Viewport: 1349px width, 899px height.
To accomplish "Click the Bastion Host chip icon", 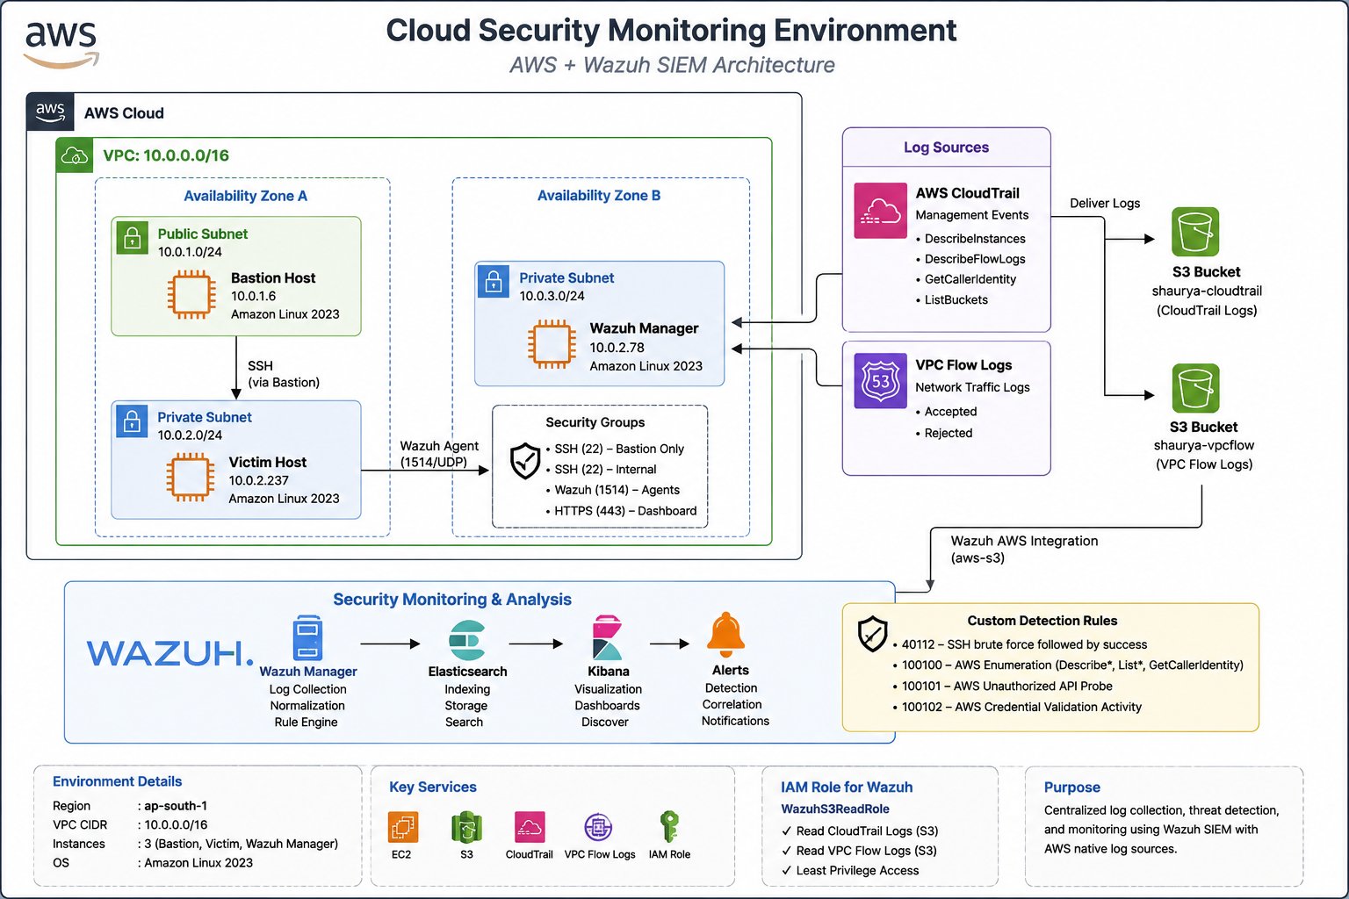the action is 191,294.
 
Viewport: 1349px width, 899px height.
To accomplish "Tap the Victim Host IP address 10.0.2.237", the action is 258,480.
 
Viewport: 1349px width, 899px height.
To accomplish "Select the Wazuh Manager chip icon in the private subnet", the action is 551,344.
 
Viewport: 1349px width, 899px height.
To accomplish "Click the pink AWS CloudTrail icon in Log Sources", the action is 881,211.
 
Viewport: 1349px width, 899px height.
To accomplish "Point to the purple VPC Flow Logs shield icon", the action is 881,381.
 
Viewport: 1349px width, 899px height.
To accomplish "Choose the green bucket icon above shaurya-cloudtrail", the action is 1195,232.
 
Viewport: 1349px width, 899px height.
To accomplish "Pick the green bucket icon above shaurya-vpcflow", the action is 1195,388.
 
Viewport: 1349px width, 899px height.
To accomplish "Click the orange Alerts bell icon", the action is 726,635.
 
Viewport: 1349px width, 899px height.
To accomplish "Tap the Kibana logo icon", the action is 607,637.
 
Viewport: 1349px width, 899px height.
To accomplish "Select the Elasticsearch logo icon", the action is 467,640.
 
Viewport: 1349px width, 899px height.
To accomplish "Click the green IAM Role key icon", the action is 669,826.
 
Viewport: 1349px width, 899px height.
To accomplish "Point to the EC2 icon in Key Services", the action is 403,827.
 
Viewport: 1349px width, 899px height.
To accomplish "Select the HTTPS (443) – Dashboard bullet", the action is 621,511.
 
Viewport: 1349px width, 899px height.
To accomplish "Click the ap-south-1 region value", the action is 176,806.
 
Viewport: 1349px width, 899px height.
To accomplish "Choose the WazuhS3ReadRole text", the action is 834,809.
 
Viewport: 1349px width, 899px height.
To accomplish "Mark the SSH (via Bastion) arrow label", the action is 284,374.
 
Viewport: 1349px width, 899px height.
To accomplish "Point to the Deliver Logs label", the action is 1105,203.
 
